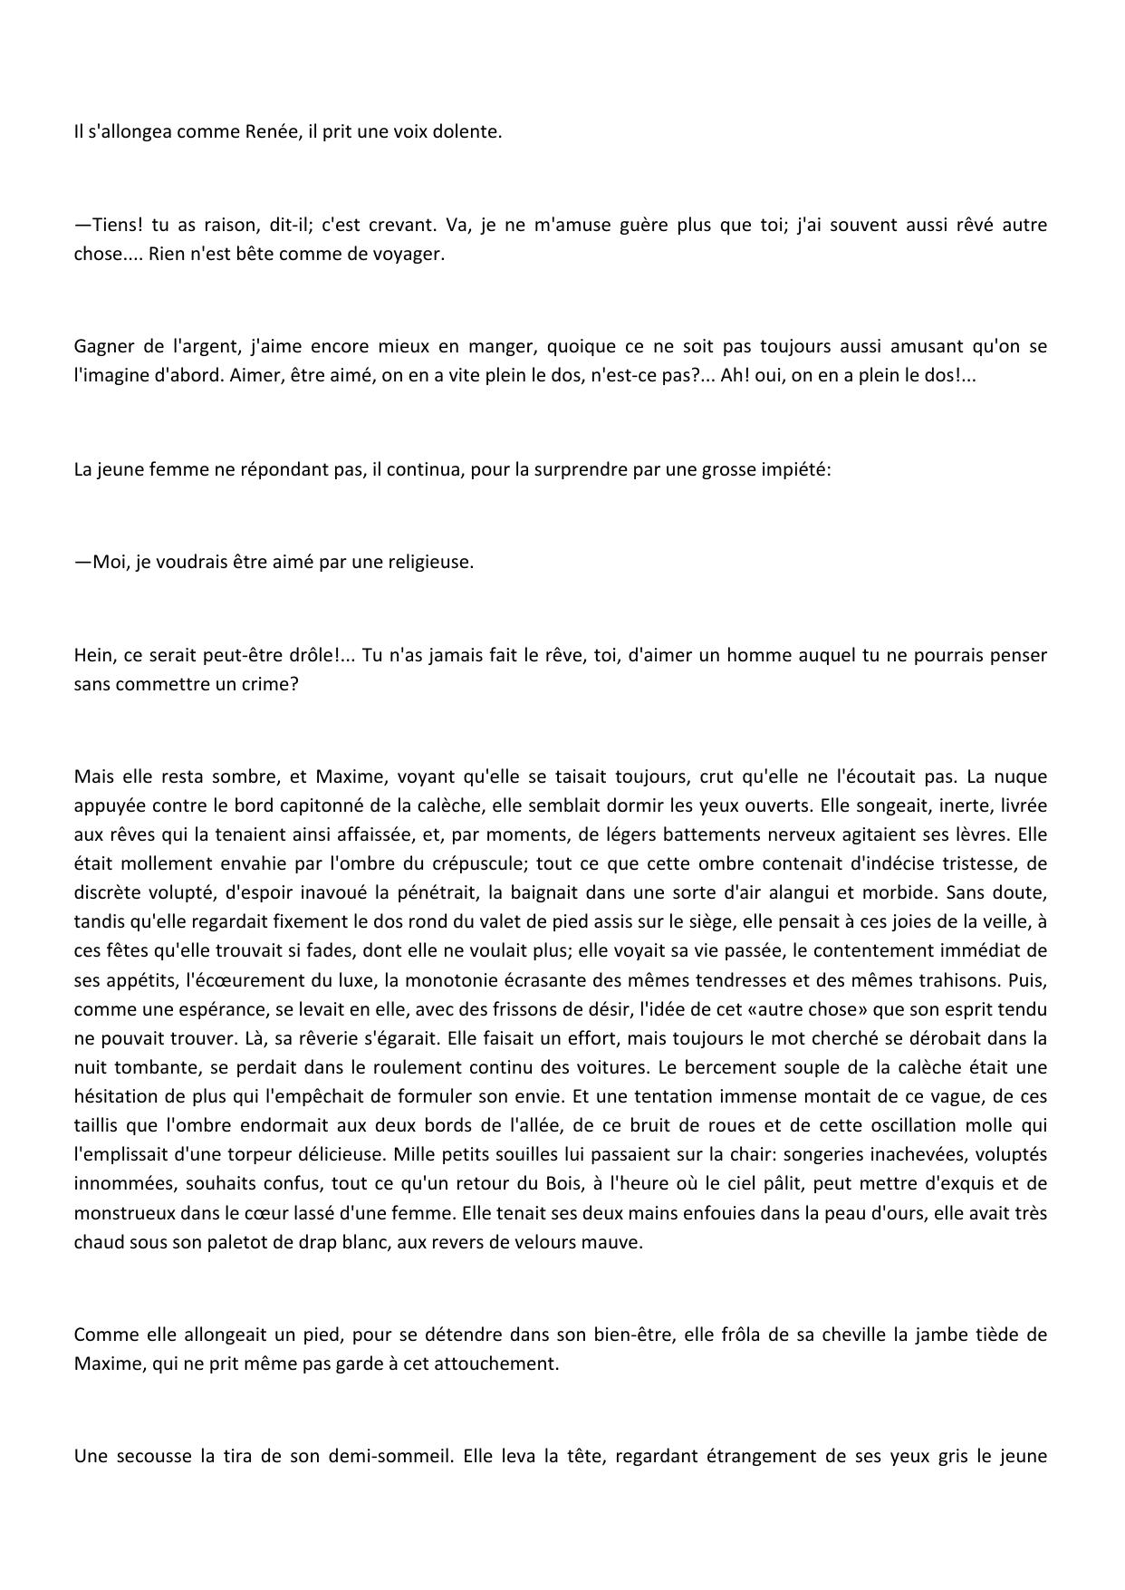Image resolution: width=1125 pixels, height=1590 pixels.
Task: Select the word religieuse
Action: pyautogui.click(x=431, y=562)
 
